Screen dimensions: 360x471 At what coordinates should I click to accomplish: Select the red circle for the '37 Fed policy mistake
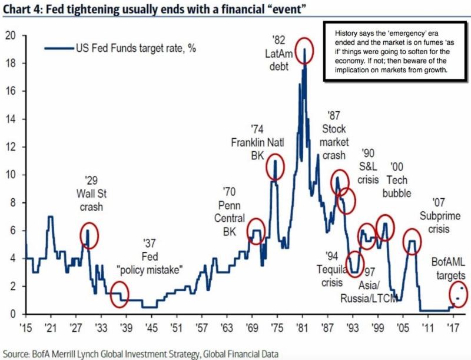[x=119, y=294]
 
